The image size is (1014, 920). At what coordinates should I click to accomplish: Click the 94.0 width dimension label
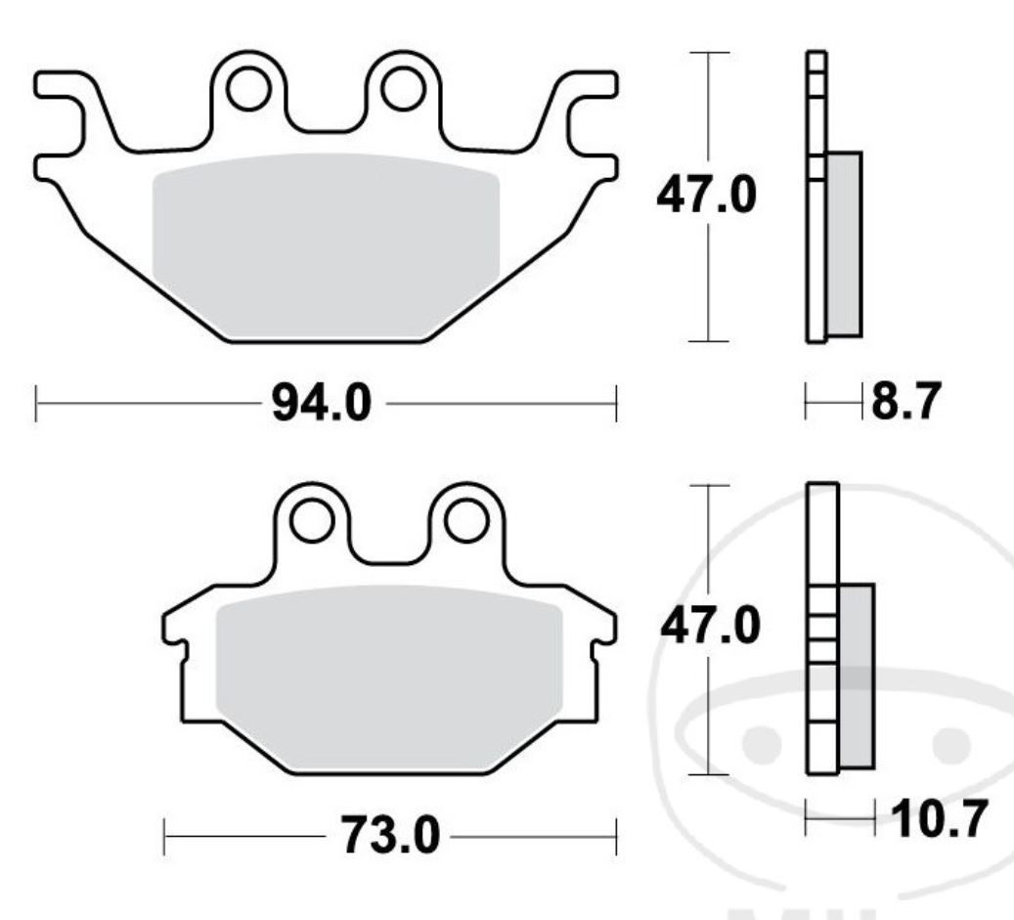[x=322, y=404]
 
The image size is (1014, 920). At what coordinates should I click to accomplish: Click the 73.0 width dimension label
[x=390, y=836]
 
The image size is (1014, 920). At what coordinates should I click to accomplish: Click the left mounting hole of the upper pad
[x=248, y=89]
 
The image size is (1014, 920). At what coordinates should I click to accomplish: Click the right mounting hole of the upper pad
[x=402, y=89]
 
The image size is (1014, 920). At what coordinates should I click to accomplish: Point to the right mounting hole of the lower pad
[x=467, y=520]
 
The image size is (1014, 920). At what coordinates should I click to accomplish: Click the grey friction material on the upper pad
[x=326, y=244]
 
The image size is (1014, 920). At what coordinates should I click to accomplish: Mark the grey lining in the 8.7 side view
[x=844, y=244]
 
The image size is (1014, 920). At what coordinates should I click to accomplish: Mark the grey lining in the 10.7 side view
[x=857, y=675]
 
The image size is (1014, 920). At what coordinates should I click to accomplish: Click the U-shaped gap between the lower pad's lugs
[x=390, y=538]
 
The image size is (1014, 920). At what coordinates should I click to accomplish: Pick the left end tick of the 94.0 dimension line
[x=36, y=404]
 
